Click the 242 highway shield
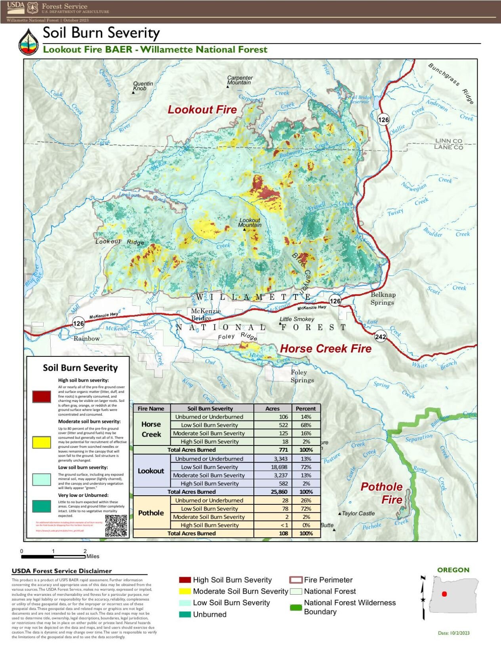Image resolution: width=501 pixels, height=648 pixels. point(380,337)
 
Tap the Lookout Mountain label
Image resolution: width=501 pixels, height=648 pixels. point(250,222)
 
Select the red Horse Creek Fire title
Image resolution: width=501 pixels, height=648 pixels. point(326,349)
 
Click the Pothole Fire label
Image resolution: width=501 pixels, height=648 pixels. point(382,493)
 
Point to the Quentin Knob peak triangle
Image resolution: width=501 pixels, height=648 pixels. point(133,93)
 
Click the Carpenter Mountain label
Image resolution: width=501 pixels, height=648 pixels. point(240,80)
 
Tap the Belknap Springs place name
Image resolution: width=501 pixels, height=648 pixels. point(383,298)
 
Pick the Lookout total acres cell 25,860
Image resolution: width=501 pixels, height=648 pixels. point(277,492)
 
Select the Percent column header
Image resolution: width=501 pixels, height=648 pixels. point(306,408)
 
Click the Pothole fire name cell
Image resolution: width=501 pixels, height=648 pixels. point(151,513)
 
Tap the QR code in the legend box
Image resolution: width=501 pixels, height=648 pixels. point(116,525)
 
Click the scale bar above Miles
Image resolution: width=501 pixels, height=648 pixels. point(53,557)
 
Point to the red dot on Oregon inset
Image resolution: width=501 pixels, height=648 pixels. point(444,594)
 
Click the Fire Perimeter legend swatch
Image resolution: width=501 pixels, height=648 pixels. point(296,580)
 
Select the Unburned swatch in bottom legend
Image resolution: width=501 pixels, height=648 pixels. point(185,614)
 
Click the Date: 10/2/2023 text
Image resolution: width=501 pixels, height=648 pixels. point(454,633)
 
